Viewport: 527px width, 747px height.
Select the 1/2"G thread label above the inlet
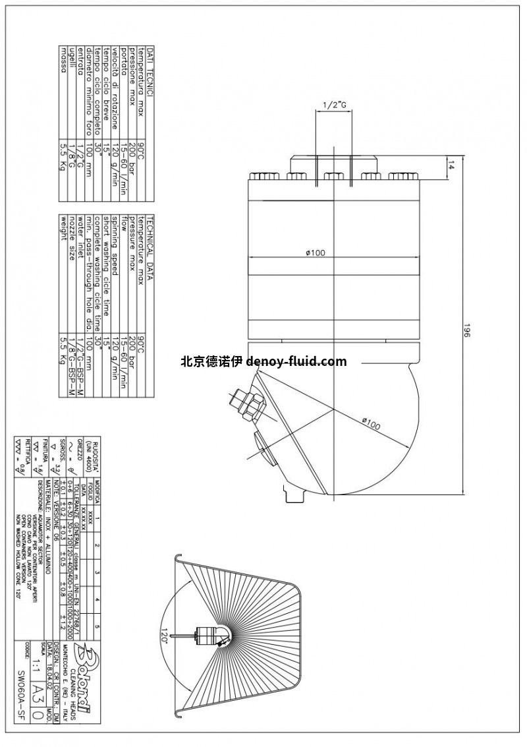pyautogui.click(x=334, y=105)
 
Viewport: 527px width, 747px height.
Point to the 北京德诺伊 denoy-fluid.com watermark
pyautogui.click(x=263, y=361)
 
